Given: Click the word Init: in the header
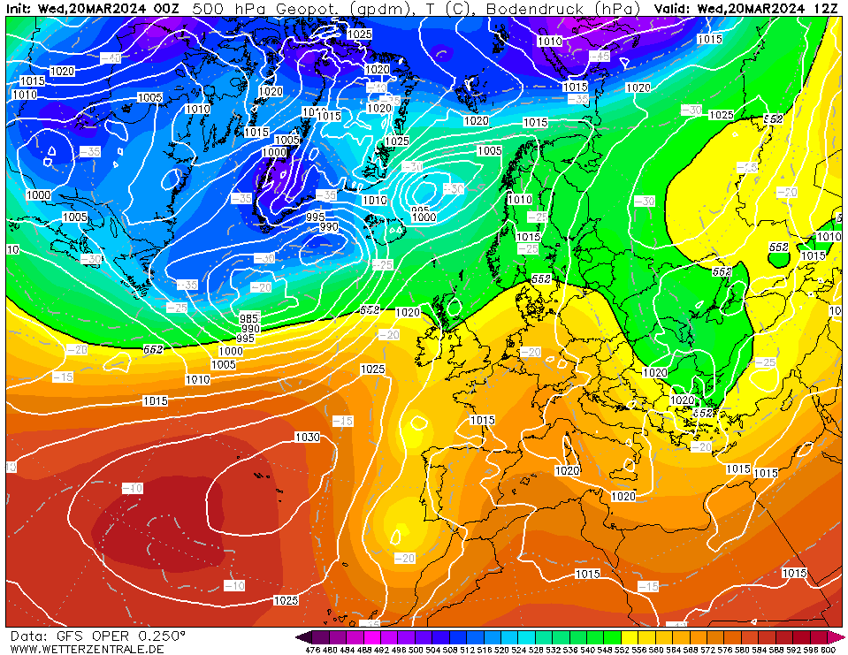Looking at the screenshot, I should click(x=20, y=9).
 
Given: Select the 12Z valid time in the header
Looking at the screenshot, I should click(x=827, y=9).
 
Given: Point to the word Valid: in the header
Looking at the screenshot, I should click(x=675, y=9).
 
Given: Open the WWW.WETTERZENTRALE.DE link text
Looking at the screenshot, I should click(x=87, y=649).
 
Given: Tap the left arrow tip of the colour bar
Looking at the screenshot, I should click(x=300, y=637).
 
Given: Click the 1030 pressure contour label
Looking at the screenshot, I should click(x=307, y=437).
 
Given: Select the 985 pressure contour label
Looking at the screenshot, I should click(x=249, y=318).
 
